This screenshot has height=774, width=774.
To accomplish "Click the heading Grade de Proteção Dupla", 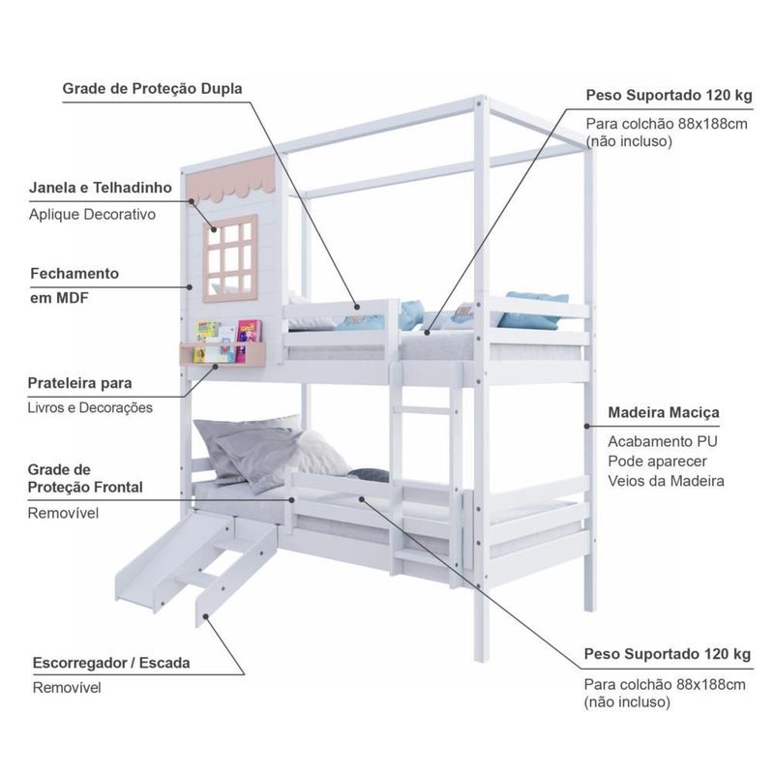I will coord(152,89).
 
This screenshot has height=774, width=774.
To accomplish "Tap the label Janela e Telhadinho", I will coord(101,187).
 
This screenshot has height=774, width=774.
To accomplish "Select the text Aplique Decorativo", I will coord(92,215).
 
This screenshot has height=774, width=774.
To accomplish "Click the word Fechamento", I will coord(74,274).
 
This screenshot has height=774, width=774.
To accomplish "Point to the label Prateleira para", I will coord(81,383).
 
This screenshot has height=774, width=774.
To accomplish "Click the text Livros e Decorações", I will coord(90,408).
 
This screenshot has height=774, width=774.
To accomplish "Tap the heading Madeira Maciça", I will coord(664,413).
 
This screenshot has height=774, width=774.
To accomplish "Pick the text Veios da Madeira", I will coord(667,481).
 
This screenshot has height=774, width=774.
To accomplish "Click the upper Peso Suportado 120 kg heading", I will coord(668,97).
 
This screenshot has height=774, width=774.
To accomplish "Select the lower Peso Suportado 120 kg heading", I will coord(668,655).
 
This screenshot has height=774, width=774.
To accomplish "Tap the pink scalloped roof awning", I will coord(238,180).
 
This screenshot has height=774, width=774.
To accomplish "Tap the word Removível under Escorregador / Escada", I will coord(67,688).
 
